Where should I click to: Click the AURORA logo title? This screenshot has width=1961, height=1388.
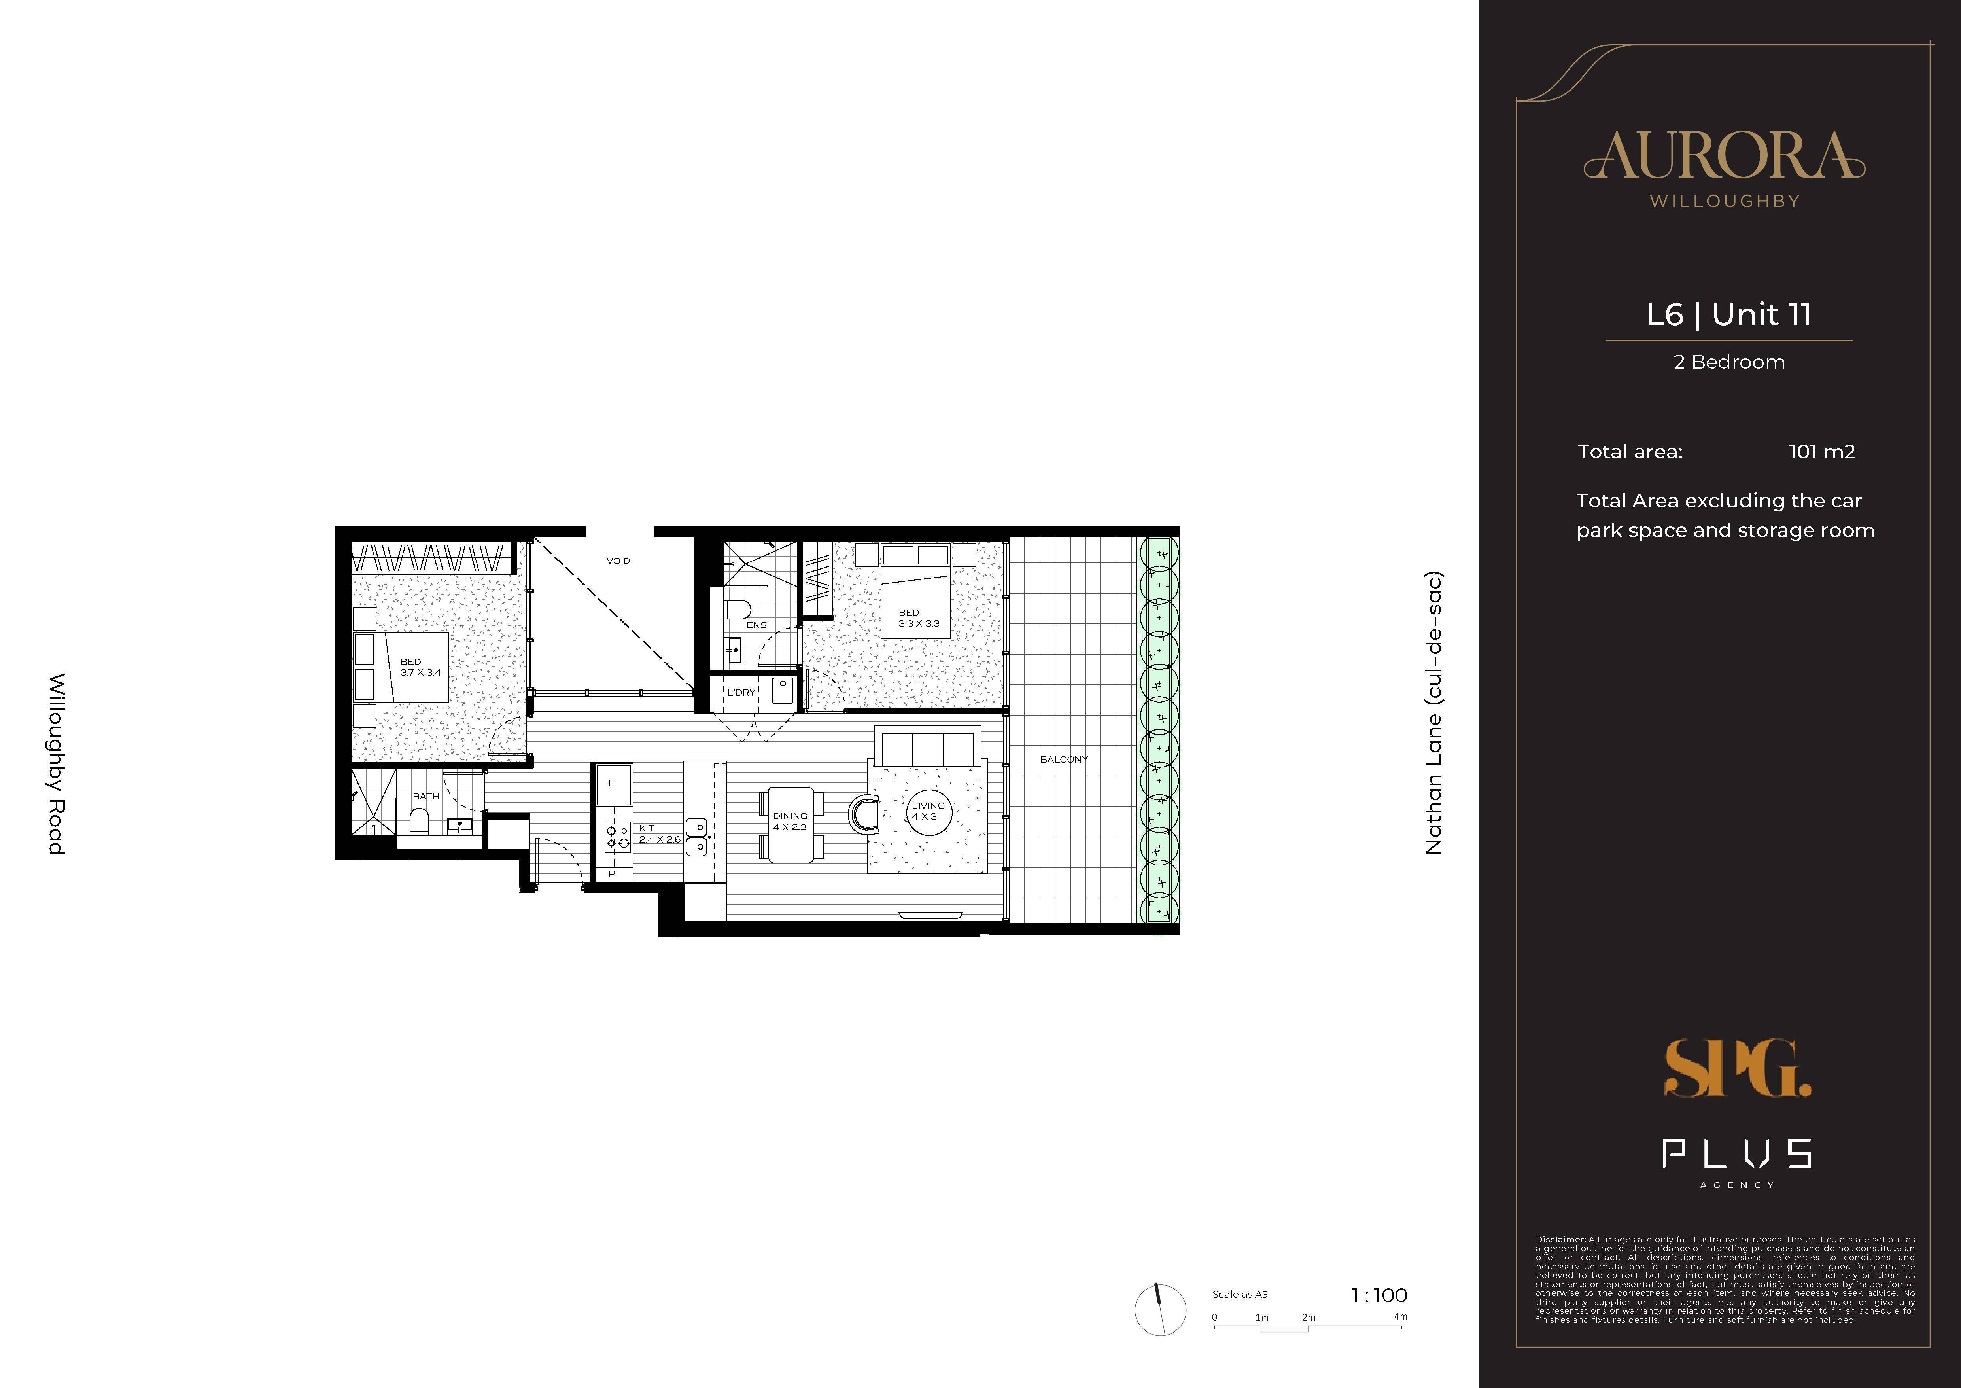1724,156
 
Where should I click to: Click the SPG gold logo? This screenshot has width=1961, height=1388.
1736,1068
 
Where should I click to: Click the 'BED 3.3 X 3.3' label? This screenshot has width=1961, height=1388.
918,618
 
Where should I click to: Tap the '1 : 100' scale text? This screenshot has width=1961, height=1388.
1378,1296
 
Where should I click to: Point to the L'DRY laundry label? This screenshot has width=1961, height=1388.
741,692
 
